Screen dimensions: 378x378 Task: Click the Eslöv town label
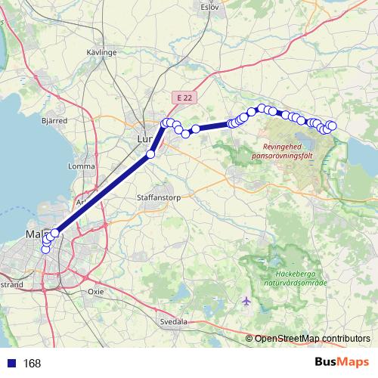point(209,6)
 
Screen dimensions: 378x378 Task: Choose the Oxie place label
point(96,290)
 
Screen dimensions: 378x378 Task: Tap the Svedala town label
point(173,321)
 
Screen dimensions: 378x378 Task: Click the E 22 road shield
point(183,98)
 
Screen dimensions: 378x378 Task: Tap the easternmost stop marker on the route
point(332,125)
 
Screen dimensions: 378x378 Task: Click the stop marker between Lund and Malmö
point(150,154)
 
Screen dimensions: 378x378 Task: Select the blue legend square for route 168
point(10,364)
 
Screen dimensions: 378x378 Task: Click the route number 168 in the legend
point(32,364)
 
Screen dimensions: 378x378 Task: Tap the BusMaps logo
point(342,363)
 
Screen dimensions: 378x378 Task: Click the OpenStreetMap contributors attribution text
point(313,338)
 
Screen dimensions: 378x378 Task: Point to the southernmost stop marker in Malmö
point(45,249)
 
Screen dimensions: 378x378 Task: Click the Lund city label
point(144,139)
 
